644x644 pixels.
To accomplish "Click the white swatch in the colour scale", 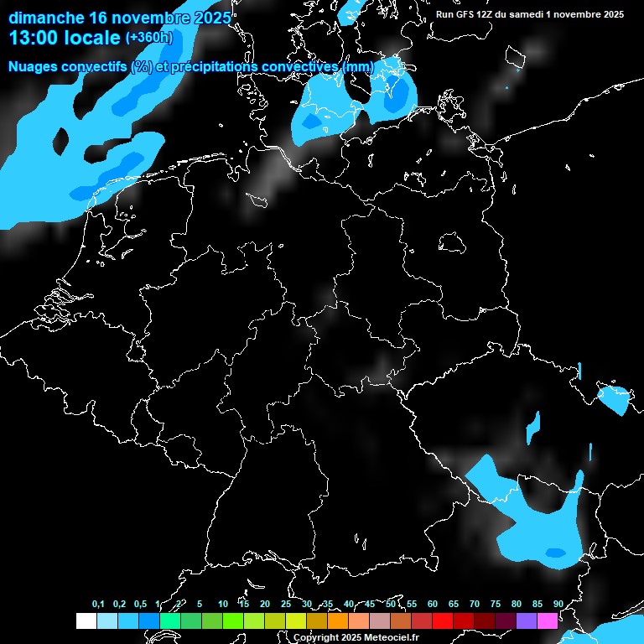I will (86, 621).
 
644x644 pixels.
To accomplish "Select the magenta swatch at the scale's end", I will (548, 621).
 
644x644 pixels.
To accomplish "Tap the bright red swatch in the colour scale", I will (443, 621).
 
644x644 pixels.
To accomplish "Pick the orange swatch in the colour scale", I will (338, 621).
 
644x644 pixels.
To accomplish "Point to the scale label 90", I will (558, 604).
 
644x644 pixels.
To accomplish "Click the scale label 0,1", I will (98, 604).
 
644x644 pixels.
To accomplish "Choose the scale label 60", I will (433, 604).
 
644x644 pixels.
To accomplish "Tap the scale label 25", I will (286, 604).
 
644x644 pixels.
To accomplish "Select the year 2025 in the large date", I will (204, 17).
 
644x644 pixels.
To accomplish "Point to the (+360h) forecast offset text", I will (148, 38).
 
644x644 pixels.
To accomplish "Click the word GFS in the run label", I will (466, 14).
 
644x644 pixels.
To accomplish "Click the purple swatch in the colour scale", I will (527, 621).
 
